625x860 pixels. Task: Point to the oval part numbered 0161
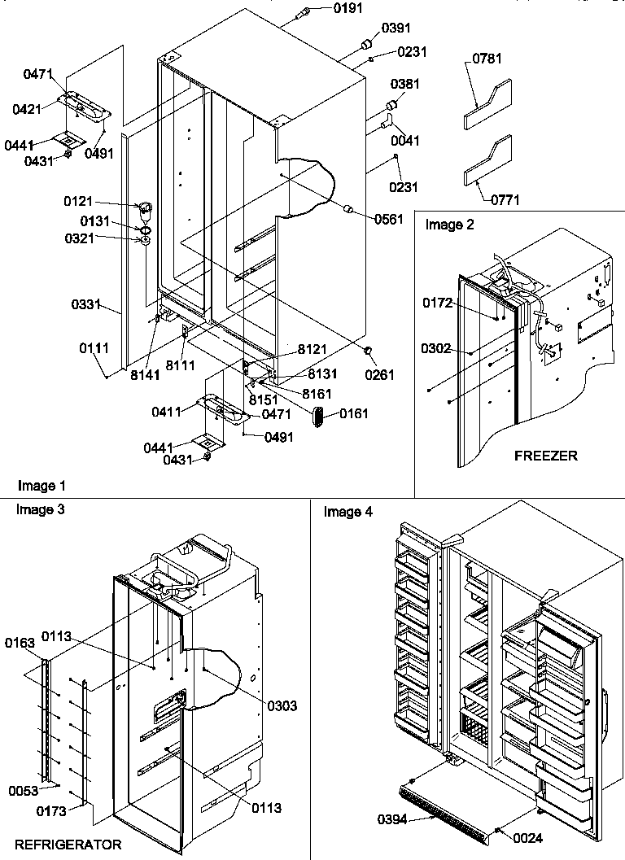(x=318, y=416)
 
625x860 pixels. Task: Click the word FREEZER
(x=545, y=456)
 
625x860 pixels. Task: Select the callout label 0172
(x=437, y=303)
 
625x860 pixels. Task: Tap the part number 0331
(x=85, y=305)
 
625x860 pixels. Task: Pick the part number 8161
(x=317, y=393)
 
